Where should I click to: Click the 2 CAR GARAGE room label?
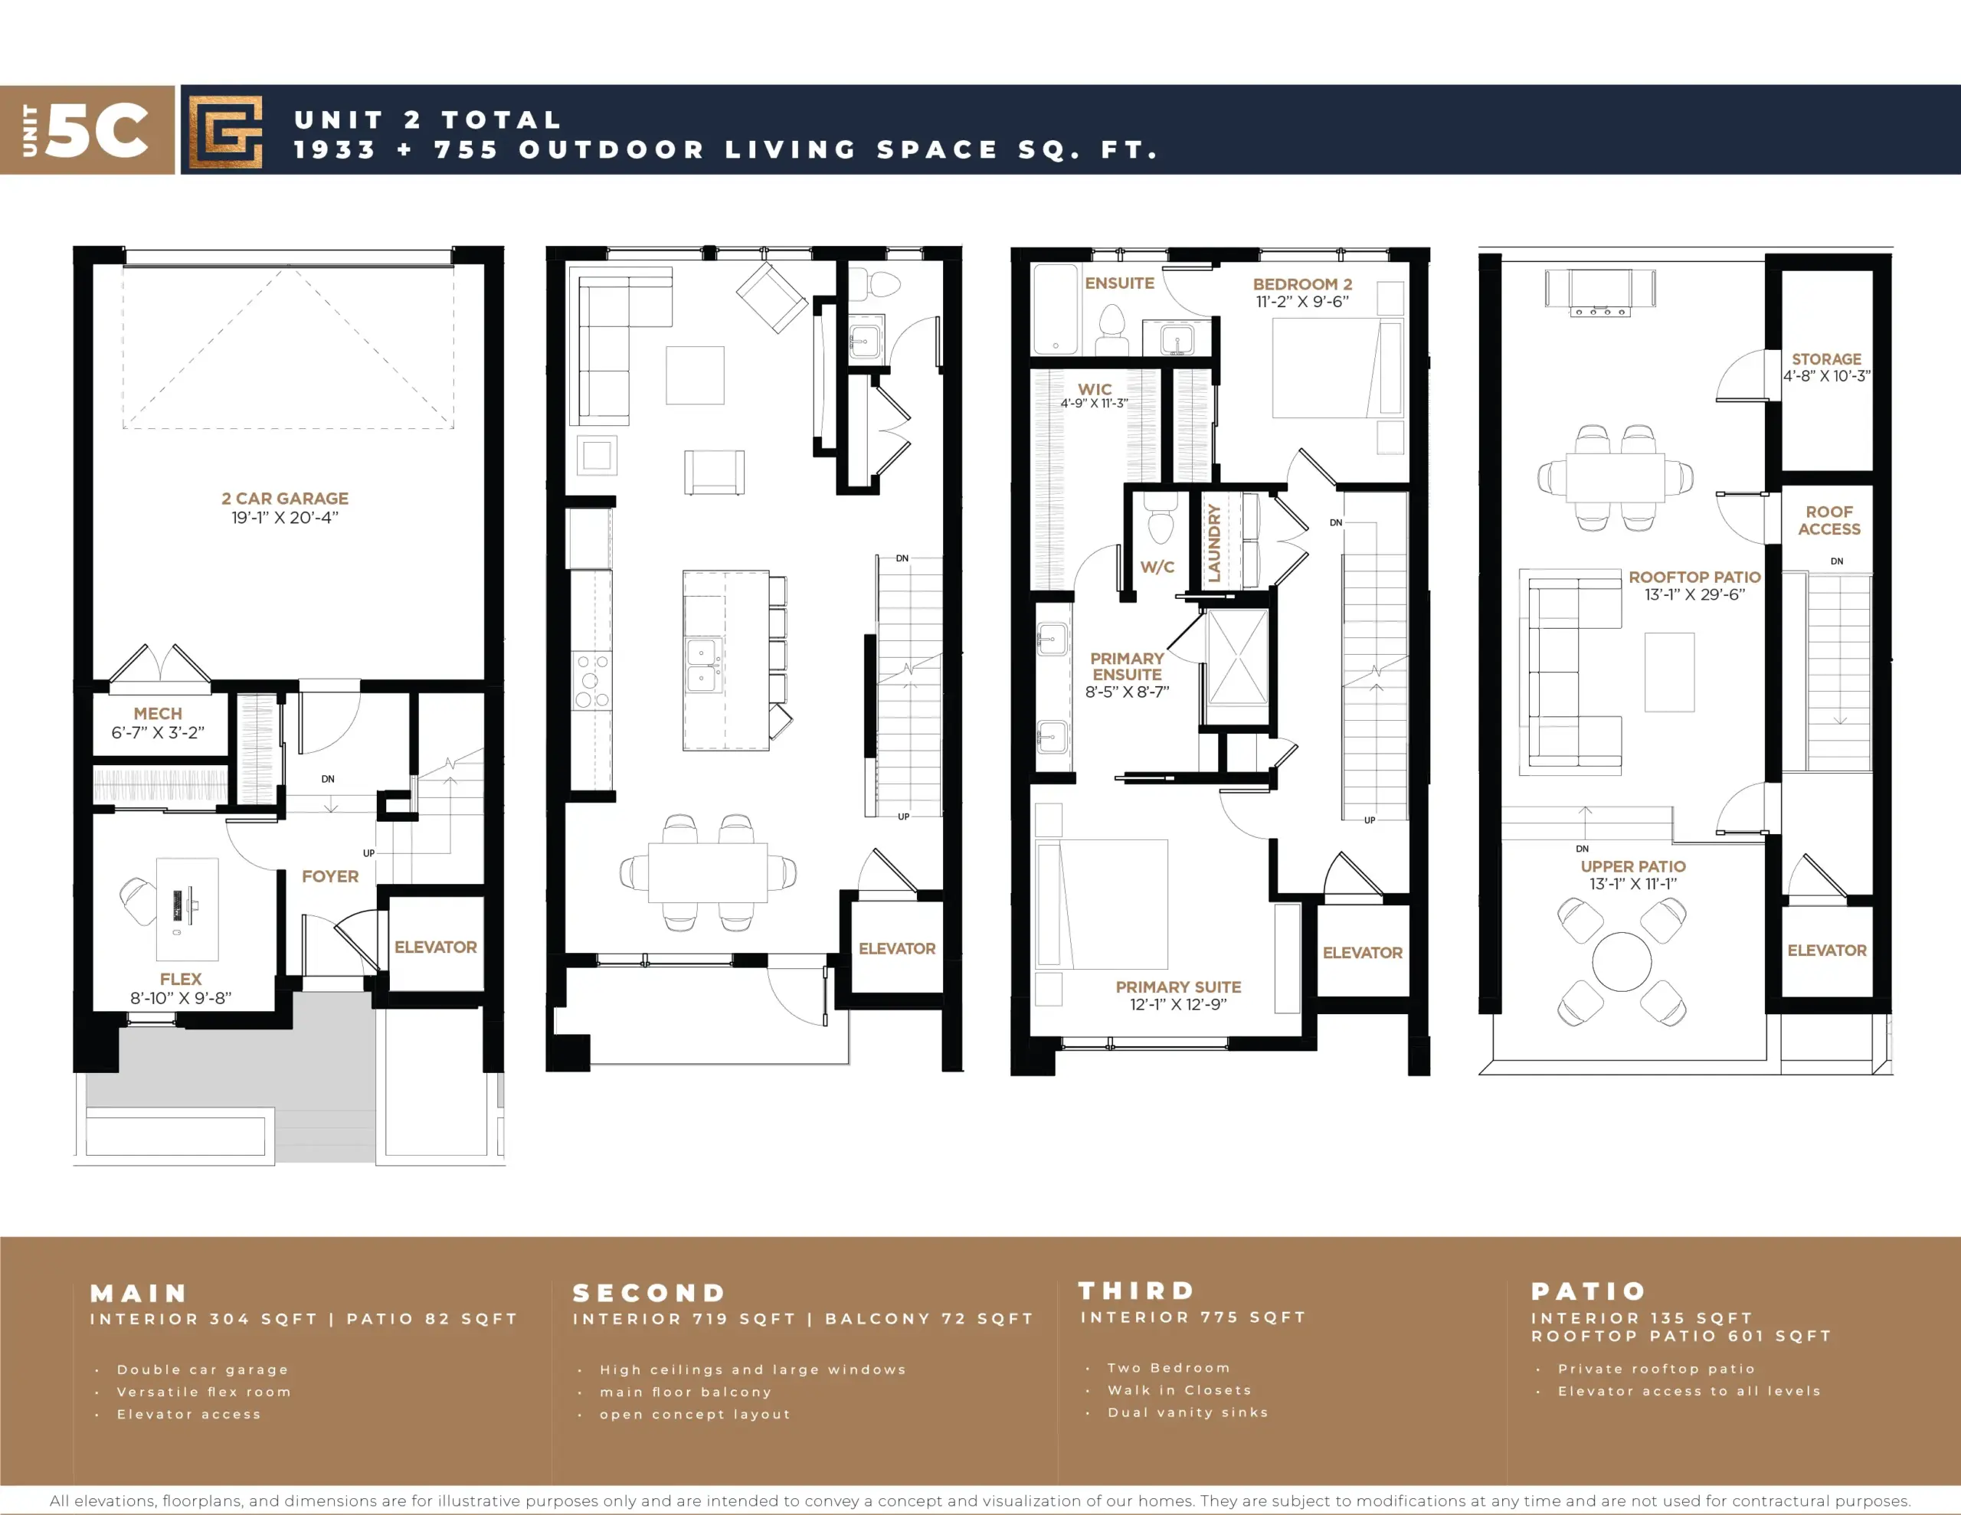(285, 499)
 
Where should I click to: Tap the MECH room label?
(158, 714)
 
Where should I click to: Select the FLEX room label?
(181, 979)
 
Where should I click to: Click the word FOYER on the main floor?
(329, 876)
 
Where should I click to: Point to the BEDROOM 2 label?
(1302, 284)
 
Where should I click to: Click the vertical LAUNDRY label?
(1214, 543)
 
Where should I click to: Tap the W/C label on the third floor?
(1157, 567)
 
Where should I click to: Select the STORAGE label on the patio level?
(1826, 359)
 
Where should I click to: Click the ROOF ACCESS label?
(1829, 520)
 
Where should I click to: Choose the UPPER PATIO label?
(1633, 866)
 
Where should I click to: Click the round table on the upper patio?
(1622, 962)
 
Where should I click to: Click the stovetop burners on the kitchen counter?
(591, 681)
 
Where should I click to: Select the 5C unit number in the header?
(97, 130)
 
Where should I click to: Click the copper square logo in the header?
(225, 131)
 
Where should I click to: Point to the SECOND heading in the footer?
(649, 1293)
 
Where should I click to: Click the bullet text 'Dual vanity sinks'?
(1188, 1412)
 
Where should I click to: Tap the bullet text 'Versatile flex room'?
(204, 1392)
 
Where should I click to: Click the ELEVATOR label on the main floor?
(435, 947)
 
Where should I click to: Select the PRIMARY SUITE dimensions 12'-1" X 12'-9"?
(1178, 1005)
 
